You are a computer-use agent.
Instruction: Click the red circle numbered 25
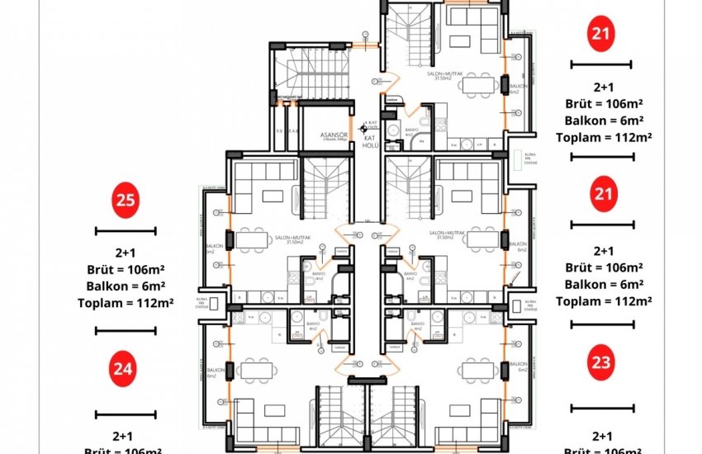coord(126,200)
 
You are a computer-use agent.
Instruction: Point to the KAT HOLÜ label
coord(369,140)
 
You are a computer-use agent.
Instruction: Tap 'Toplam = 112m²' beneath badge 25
coord(126,303)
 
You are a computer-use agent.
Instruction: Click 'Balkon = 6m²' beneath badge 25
coord(126,286)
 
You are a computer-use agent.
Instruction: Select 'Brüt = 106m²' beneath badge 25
coord(126,269)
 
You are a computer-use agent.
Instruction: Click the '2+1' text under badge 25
coord(126,252)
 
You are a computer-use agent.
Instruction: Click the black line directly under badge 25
coord(126,231)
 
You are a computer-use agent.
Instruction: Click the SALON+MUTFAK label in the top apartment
coord(443,75)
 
